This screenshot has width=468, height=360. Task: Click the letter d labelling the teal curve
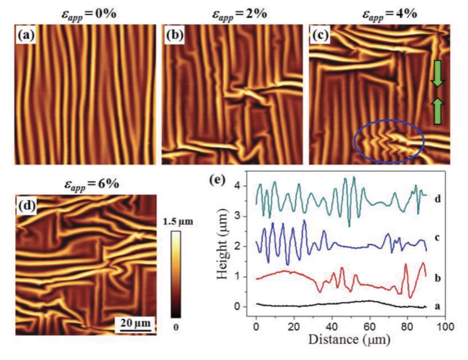pos(438,198)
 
